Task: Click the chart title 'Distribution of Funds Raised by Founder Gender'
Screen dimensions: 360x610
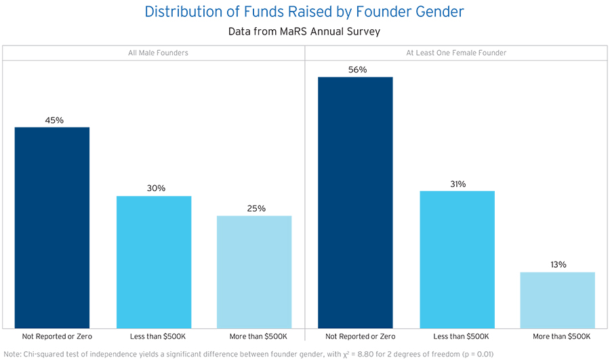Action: (304, 12)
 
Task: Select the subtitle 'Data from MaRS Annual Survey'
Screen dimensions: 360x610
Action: (304, 31)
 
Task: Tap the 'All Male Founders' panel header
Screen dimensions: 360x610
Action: (153, 53)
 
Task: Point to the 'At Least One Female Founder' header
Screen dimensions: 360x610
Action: (456, 53)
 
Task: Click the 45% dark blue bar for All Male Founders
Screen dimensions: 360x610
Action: (52, 227)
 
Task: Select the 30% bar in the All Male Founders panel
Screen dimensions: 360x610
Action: (154, 262)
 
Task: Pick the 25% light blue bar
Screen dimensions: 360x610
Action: (254, 271)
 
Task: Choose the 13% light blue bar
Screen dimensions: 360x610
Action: (558, 300)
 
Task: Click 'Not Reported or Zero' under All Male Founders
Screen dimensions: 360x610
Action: (52, 336)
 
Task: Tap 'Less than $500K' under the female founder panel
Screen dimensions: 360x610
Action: (457, 336)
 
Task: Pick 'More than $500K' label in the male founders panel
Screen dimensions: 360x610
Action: (254, 336)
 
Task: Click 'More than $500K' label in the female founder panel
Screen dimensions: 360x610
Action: (558, 336)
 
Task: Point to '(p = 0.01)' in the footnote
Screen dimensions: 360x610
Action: (474, 353)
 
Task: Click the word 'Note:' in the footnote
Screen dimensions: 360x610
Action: (14, 353)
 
